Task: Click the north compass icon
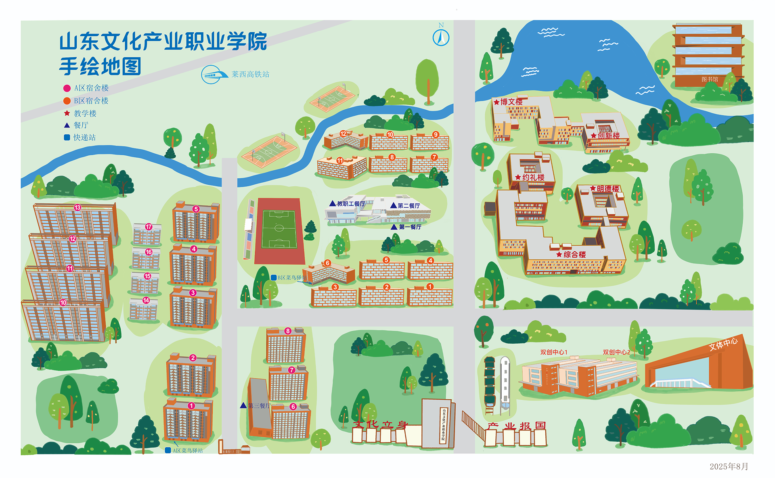(441, 38)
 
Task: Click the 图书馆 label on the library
(710, 79)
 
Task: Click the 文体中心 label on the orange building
(723, 344)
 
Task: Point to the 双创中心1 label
(554, 352)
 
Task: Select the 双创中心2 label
(616, 352)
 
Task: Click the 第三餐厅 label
(259, 406)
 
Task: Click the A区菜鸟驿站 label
(188, 451)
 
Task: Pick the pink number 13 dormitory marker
(77, 208)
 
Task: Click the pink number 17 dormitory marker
(149, 227)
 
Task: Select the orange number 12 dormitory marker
(343, 134)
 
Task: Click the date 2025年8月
(729, 467)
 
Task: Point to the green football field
(279, 228)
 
